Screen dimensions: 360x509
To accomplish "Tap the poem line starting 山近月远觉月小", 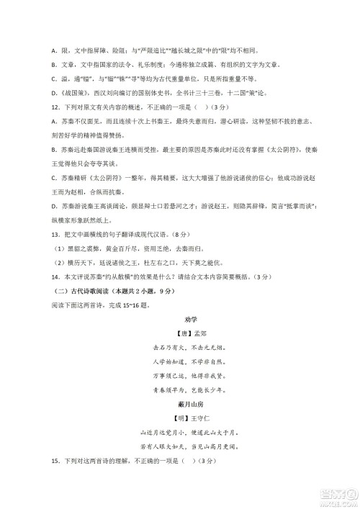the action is pyautogui.click(x=180, y=434).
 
